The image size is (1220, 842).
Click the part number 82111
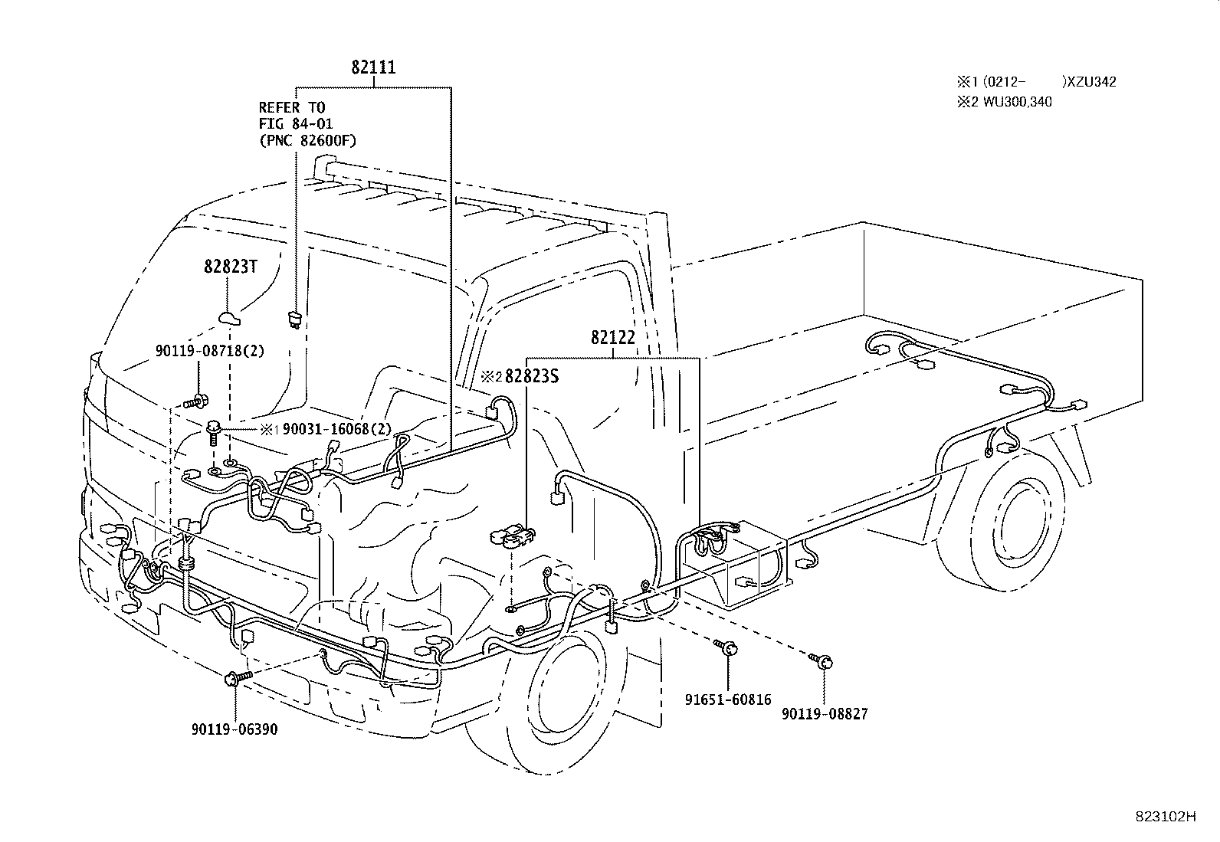point(373,67)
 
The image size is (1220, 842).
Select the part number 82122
point(613,338)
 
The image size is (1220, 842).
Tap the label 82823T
point(231,267)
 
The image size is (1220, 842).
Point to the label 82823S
point(532,376)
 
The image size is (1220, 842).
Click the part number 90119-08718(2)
point(210,352)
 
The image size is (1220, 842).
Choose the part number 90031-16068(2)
point(336,429)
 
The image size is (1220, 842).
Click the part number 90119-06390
point(234,729)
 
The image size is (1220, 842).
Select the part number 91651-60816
point(728,699)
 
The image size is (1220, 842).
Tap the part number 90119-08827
point(825,714)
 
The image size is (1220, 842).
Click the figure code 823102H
point(1166,817)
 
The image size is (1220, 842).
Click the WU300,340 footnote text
point(1017,102)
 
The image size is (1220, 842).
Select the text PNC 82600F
point(308,140)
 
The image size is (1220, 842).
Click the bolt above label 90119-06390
point(238,677)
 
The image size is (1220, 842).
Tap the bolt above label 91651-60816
point(726,647)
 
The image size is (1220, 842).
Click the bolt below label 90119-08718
point(197,402)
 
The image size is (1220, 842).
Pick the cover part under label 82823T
point(228,318)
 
